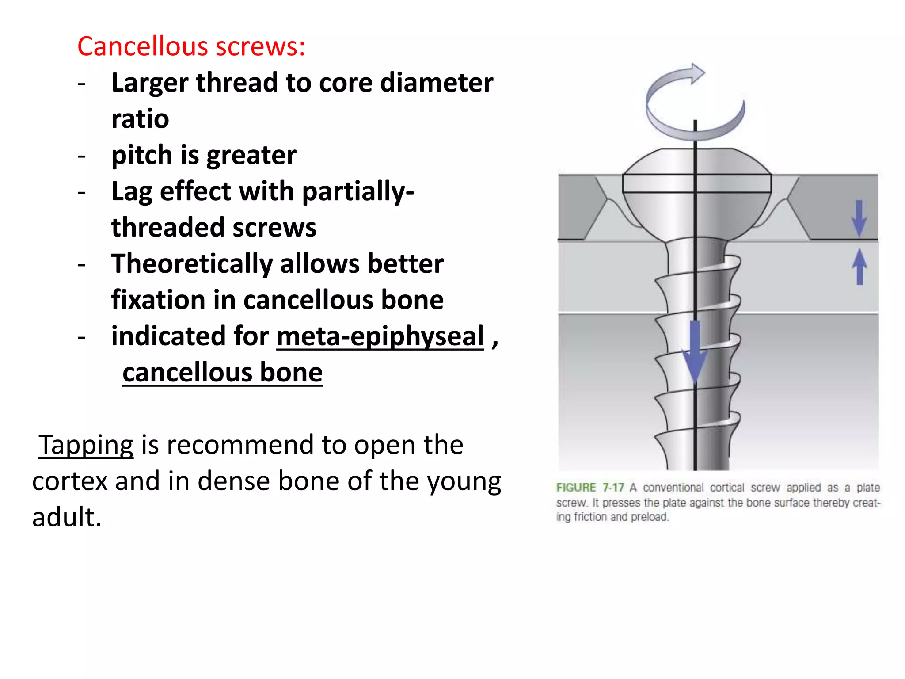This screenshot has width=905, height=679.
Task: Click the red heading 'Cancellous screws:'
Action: (191, 46)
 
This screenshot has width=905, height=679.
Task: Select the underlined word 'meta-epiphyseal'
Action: (380, 337)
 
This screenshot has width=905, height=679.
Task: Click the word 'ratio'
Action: (140, 119)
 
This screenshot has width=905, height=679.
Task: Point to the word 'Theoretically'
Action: (192, 264)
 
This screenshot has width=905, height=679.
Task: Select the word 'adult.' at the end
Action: (67, 517)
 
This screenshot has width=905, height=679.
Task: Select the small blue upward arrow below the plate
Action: (859, 267)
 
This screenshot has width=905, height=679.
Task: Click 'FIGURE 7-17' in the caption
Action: (589, 488)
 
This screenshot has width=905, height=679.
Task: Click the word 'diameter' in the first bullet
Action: (436, 83)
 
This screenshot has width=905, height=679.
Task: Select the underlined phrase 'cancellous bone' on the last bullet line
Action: (222, 373)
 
